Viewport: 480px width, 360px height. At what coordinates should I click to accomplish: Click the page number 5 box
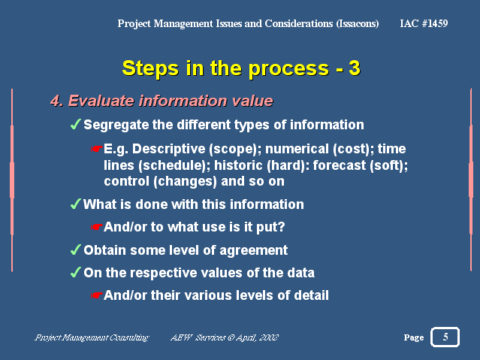(x=445, y=337)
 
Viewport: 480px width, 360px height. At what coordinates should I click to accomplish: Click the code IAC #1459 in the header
(x=424, y=23)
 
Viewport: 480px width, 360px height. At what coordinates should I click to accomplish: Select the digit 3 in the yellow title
(x=355, y=68)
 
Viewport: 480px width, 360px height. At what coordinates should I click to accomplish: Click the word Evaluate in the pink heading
(x=101, y=101)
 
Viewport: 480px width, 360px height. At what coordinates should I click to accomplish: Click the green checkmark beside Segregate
(x=75, y=124)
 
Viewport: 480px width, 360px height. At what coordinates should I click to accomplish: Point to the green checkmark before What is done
(x=75, y=204)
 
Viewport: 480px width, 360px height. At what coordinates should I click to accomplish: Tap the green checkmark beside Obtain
(x=75, y=250)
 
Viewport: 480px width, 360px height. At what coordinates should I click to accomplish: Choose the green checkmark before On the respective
(x=75, y=272)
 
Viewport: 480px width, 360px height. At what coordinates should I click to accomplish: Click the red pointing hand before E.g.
(x=96, y=149)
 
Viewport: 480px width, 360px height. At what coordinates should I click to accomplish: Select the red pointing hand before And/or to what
(x=96, y=227)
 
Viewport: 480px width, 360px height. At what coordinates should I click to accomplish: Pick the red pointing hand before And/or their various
(x=96, y=295)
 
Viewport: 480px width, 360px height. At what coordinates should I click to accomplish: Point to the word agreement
(x=253, y=250)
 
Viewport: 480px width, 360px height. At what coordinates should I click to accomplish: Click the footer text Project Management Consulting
(x=92, y=337)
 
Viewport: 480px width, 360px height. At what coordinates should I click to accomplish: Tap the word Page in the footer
(x=414, y=337)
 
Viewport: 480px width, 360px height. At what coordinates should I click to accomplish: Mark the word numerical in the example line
(x=297, y=149)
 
